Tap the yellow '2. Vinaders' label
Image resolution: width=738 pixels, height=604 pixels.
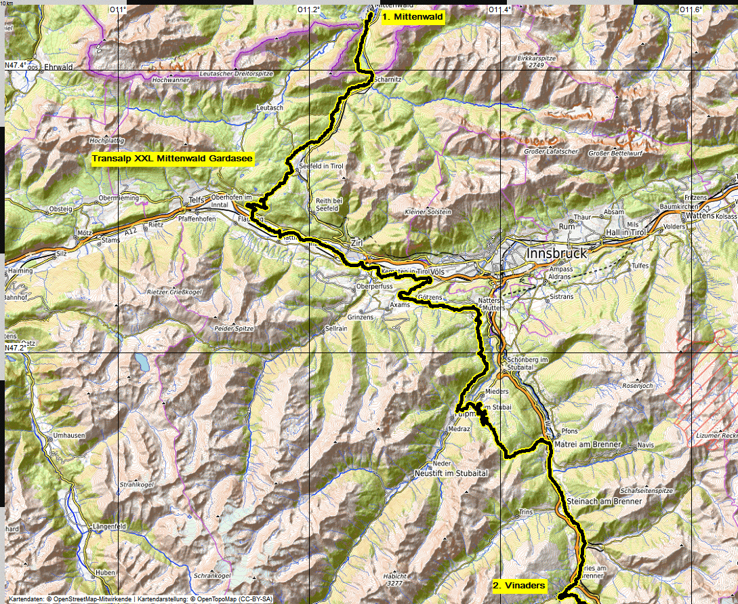pos(518,585)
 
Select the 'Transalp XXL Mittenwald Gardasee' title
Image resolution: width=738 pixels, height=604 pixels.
pos(172,160)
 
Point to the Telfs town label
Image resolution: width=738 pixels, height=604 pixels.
pos(196,201)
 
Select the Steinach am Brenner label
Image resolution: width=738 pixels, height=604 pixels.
pos(607,501)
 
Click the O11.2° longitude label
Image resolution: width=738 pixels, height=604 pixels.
pos(309,9)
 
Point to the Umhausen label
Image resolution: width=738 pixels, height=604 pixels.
pos(68,434)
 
